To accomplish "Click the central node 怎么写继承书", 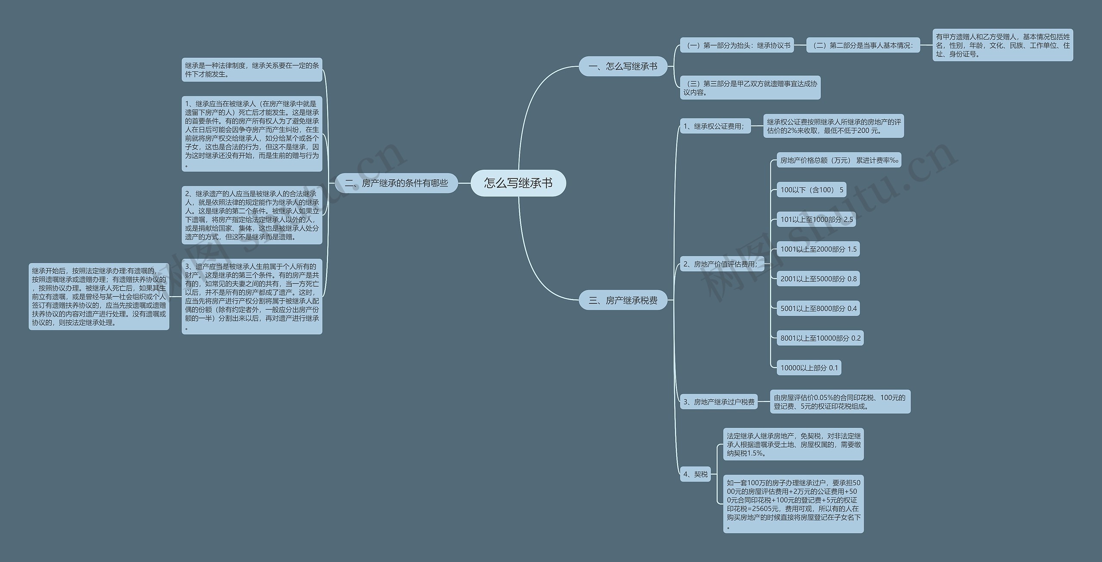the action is pos(518,183).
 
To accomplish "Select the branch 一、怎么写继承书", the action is pos(622,66).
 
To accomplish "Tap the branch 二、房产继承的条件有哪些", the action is pos(396,183).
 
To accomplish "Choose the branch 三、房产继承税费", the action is pos(622,300).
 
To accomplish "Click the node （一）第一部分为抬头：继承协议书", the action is pos(737,45).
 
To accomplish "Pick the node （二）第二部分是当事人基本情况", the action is pos(863,45).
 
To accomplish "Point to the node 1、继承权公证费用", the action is pos(715,126).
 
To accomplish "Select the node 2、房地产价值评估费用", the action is pos(721,264).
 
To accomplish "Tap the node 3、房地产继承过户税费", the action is pos(718,402).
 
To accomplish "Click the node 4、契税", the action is pos(695,474).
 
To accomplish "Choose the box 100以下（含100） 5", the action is pos(811,190).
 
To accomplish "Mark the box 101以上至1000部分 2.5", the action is pos(816,219).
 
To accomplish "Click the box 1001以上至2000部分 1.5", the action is pos(818,249).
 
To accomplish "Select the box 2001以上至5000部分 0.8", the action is pos(818,279).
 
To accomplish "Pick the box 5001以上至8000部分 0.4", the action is pos(818,308).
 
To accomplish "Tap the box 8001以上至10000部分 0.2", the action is pos(820,338).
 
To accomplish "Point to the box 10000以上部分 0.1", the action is pos(809,368).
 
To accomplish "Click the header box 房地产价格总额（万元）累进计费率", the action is pos(839,160).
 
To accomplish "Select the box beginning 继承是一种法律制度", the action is pos(252,70).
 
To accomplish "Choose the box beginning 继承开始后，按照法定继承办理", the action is pos(99,297).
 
